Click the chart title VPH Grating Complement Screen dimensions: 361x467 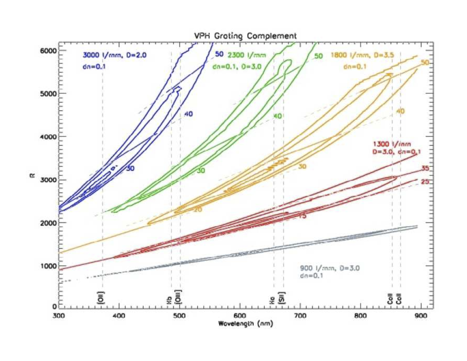[245, 36]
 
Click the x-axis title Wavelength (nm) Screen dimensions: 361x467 [245, 323]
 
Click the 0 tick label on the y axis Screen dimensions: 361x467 [54, 306]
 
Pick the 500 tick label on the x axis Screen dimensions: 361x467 [179, 316]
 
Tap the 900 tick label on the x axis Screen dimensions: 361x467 [421, 316]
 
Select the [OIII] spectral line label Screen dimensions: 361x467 [178, 297]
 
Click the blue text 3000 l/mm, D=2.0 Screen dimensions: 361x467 [114, 55]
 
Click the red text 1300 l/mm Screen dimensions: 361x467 [392, 144]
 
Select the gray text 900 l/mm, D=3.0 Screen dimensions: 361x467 [330, 268]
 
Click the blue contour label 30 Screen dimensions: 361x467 [130, 168]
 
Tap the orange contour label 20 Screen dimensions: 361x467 [198, 210]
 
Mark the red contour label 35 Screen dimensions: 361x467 [425, 168]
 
